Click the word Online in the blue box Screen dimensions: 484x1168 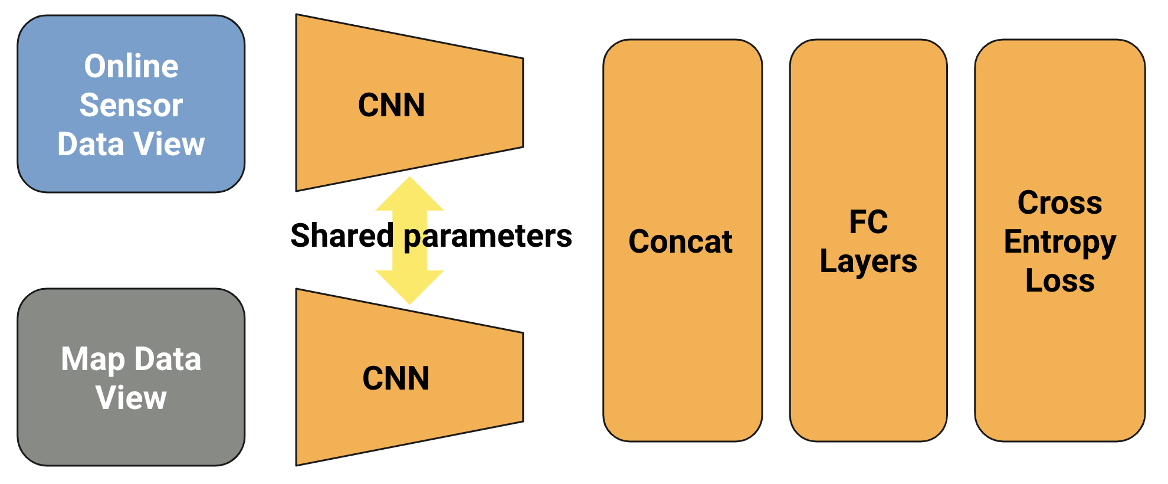coord(131,66)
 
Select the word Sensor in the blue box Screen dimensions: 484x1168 coord(131,105)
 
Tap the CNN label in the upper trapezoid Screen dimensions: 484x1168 coord(391,105)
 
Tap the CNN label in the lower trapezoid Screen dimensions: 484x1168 coord(395,378)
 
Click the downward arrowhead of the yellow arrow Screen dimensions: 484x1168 coord(409,287)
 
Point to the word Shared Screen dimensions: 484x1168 coord(342,236)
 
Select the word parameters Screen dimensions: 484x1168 coord(487,236)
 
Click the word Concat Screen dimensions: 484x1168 coord(680,241)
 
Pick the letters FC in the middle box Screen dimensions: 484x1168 coord(868,222)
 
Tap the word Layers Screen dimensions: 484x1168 coord(868,261)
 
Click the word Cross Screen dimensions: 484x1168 coord(1059,203)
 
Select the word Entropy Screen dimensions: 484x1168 coord(1059,242)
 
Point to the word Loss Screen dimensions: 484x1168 coord(1059,280)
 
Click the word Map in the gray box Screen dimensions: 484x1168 coord(93,359)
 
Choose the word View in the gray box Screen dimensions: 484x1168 coord(131,397)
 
